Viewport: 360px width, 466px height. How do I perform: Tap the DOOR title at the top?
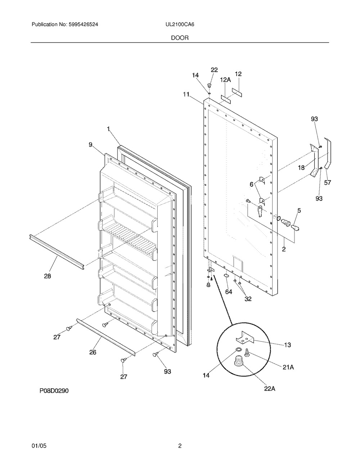[x=180, y=37]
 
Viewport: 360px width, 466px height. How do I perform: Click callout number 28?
[x=47, y=276]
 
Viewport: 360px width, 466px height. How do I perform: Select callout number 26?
[x=93, y=352]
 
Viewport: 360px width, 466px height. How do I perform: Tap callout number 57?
[x=327, y=183]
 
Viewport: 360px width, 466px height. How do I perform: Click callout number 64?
[x=229, y=292]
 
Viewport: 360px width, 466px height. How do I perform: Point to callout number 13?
[x=287, y=345]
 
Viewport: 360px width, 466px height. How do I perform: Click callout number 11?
[x=186, y=94]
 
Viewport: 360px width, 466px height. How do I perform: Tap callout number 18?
[x=301, y=167]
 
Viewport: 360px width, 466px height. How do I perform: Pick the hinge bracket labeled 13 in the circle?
[x=245, y=337]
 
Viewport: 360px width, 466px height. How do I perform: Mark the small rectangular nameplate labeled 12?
[x=237, y=93]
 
